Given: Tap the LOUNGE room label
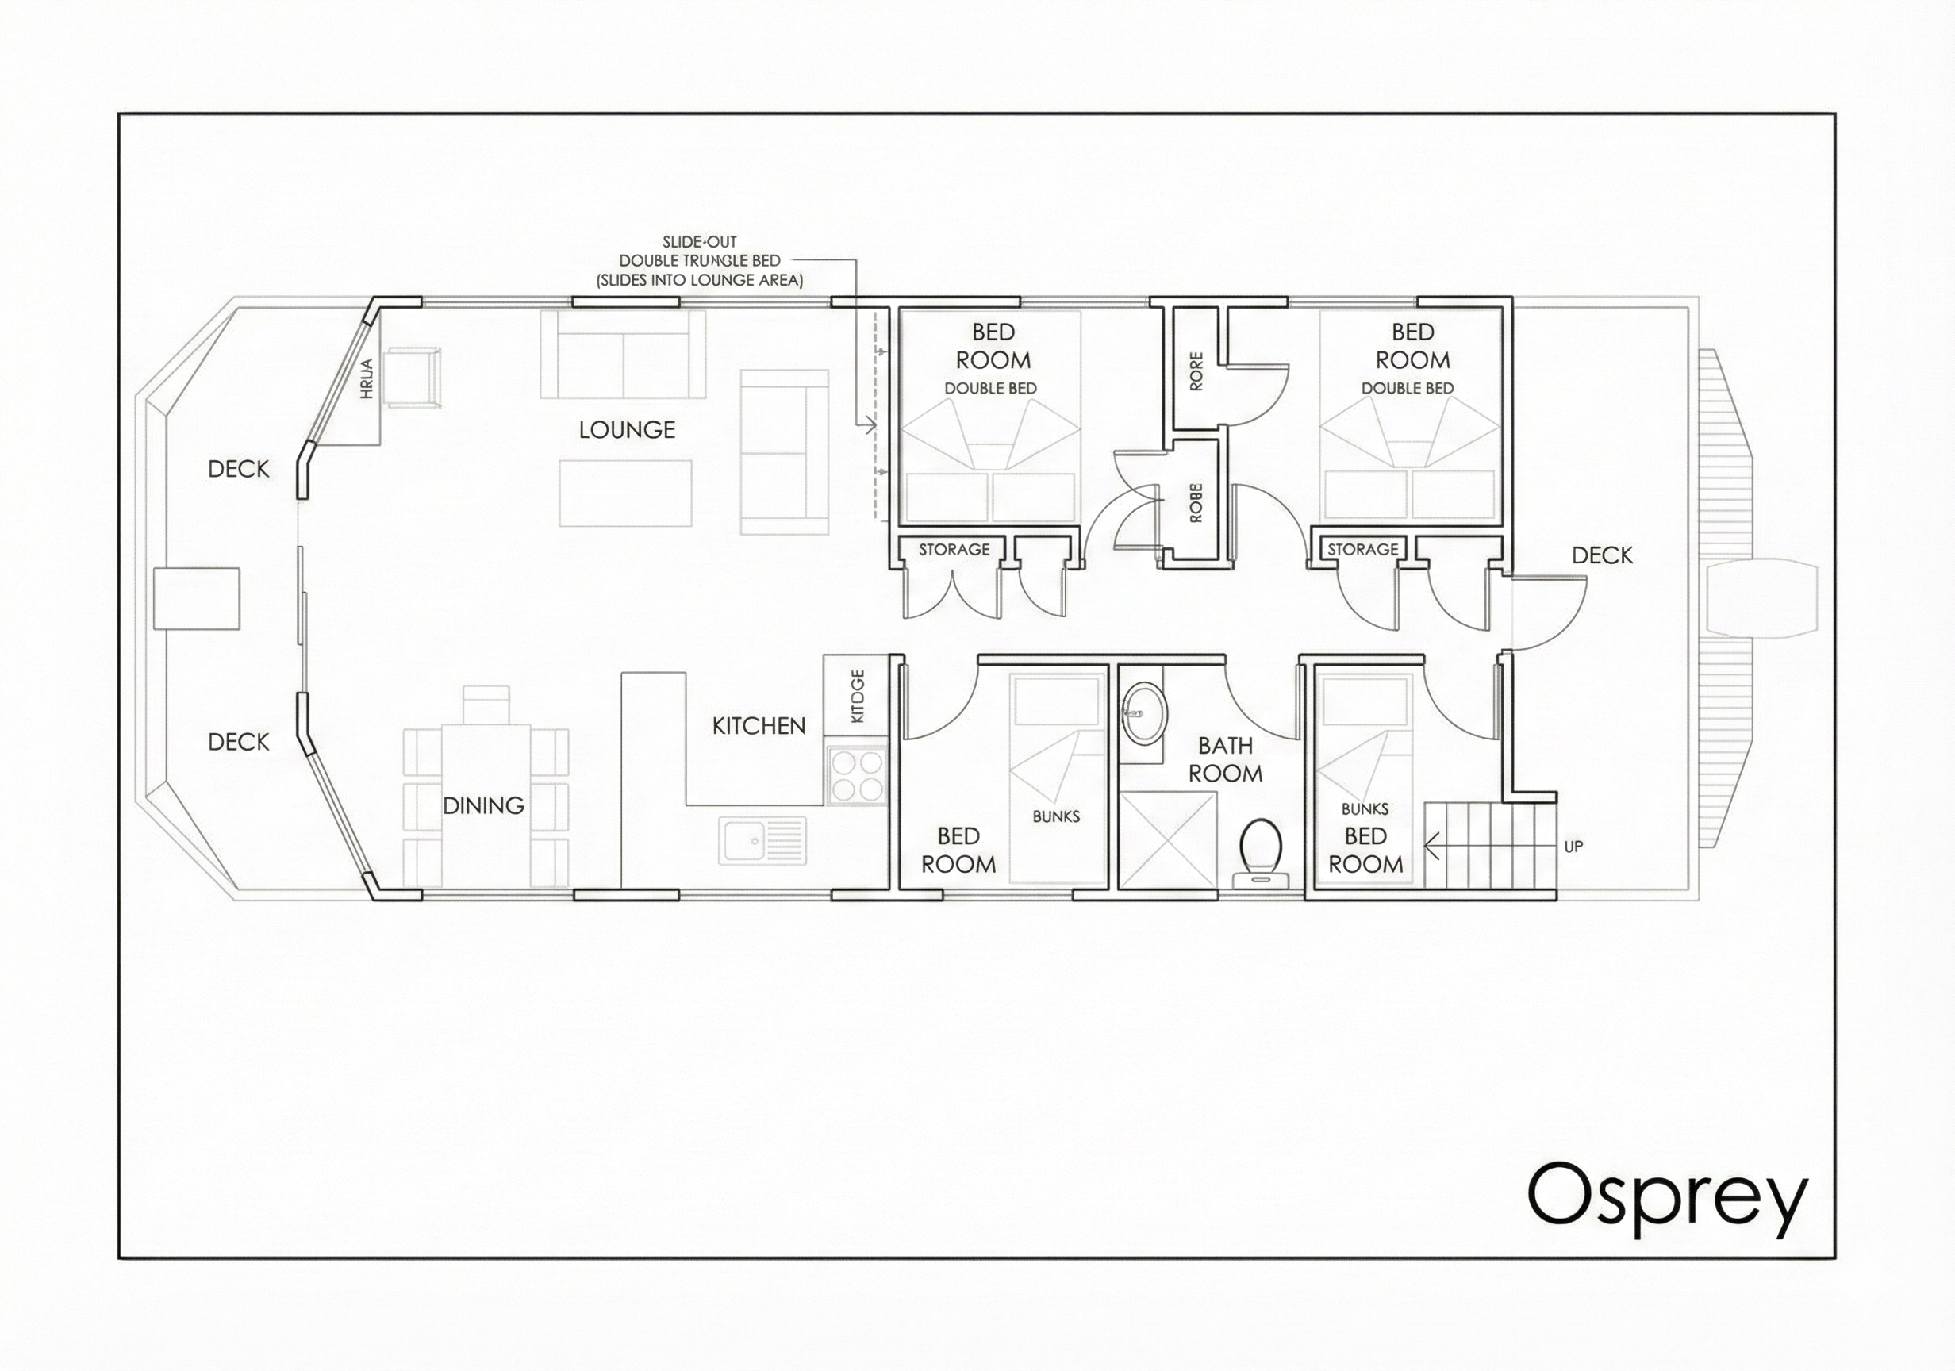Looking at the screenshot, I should click(x=627, y=430).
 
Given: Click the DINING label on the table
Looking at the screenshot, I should click(x=482, y=805).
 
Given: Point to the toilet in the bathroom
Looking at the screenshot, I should click(x=1261, y=848).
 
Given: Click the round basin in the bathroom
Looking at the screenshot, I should click(x=1141, y=713).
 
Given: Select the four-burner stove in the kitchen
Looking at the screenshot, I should click(x=857, y=775).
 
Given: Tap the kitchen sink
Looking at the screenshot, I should click(x=762, y=840).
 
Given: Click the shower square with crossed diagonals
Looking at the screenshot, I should click(x=1167, y=839).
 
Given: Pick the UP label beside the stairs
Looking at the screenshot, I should click(x=1573, y=847).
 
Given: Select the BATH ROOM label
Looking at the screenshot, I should click(x=1225, y=759).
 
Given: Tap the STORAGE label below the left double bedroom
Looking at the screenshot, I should click(x=954, y=550).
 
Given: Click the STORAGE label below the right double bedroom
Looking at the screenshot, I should click(x=1362, y=550).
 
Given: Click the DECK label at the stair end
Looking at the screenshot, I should click(x=1602, y=556).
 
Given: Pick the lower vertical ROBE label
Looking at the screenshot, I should click(x=1196, y=503).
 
